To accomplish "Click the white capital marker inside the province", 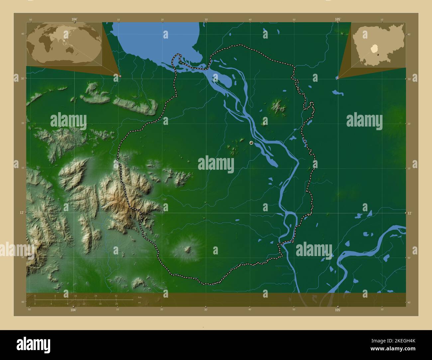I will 251,143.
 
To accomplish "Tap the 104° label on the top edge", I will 74,20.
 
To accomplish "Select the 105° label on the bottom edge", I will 338,310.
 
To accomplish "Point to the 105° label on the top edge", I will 338,20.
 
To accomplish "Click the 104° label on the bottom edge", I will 73,310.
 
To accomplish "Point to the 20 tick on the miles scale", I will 116,304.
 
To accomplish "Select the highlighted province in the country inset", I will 375,48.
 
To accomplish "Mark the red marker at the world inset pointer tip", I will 120,76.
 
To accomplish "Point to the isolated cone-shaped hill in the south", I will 188,249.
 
